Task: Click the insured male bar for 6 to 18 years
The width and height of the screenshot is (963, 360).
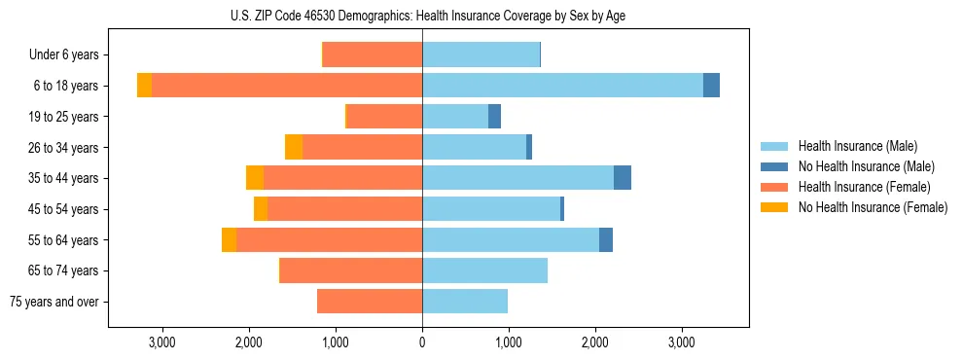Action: (x=562, y=86)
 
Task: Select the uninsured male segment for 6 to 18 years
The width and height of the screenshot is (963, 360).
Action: (x=711, y=86)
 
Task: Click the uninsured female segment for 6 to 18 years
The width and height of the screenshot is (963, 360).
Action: (x=144, y=86)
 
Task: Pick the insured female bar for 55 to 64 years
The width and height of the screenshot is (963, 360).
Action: (x=329, y=240)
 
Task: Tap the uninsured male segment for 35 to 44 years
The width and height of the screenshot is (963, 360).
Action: (x=623, y=178)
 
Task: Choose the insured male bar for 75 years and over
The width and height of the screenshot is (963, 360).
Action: (x=465, y=302)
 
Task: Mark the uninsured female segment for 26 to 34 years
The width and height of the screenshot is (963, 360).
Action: (x=294, y=147)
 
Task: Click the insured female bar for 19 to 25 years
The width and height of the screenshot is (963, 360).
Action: (x=384, y=117)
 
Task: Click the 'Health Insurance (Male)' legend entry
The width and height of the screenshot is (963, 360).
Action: (x=857, y=146)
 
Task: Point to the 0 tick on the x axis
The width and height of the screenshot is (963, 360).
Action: (x=422, y=342)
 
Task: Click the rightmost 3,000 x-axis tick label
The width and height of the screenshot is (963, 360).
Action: (x=682, y=342)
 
